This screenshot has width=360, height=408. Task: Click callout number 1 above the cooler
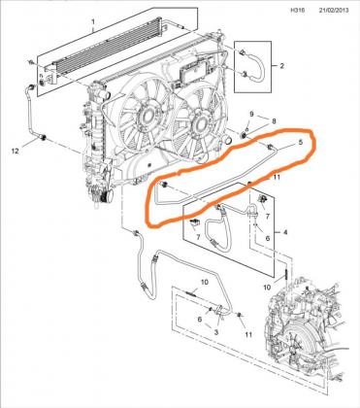pyautogui.click(x=93, y=22)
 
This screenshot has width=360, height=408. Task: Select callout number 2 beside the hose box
pyautogui.click(x=281, y=66)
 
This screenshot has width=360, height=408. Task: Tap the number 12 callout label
pyautogui.click(x=16, y=151)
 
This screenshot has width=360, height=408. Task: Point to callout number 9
pyautogui.click(x=252, y=114)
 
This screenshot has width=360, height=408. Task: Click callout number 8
pyautogui.click(x=274, y=121)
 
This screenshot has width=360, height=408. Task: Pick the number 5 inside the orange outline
pyautogui.click(x=300, y=142)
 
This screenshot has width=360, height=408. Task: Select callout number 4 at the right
pyautogui.click(x=285, y=232)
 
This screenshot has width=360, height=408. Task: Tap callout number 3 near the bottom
pyautogui.click(x=216, y=332)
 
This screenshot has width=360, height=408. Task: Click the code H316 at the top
pyautogui.click(x=297, y=10)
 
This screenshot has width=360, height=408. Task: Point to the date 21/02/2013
pyautogui.click(x=334, y=10)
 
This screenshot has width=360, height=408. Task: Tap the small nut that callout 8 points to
pyautogui.click(x=245, y=135)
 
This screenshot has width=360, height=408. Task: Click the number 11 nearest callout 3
pyautogui.click(x=248, y=334)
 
